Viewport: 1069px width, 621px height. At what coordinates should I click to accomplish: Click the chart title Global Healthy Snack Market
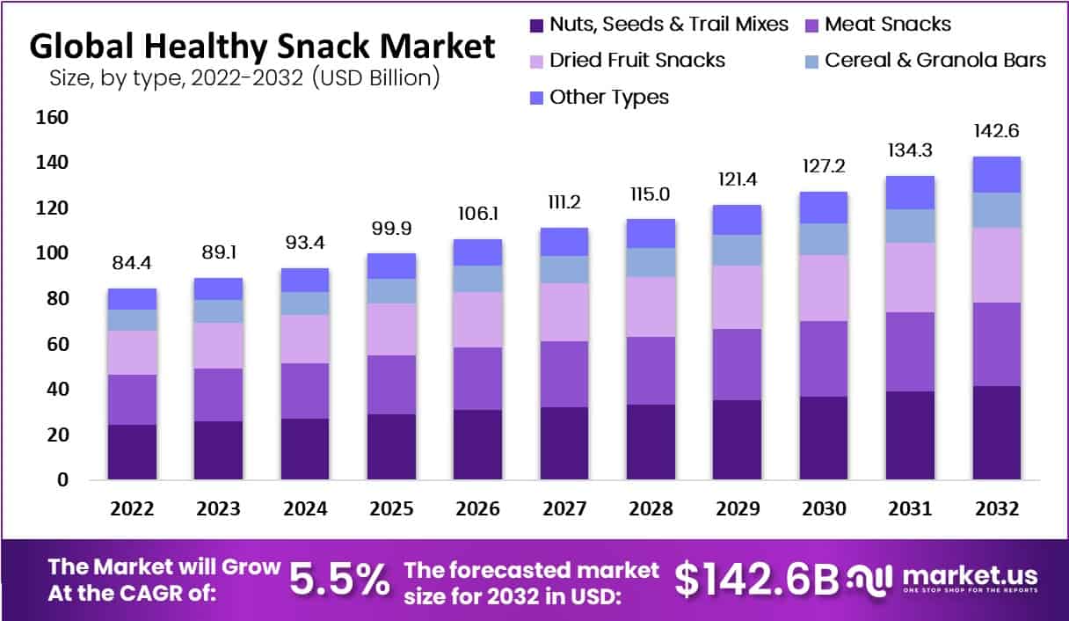pyautogui.click(x=262, y=47)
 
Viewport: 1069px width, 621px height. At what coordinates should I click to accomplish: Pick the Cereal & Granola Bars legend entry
pyautogui.click(x=924, y=61)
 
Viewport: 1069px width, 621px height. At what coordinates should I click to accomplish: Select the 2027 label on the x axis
pyautogui.click(x=564, y=508)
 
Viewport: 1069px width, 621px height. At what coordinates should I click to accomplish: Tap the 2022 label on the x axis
pyautogui.click(x=132, y=508)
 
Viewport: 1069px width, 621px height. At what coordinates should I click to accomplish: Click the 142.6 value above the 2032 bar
pyautogui.click(x=995, y=131)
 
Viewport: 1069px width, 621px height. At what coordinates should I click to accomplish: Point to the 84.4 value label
pyautogui.click(x=132, y=263)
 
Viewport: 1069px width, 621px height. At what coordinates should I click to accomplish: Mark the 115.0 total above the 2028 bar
pyautogui.click(x=651, y=194)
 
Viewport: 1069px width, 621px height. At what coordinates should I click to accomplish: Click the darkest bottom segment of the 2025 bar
pyautogui.click(x=391, y=447)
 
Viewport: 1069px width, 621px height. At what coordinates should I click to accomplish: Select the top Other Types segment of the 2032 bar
pyautogui.click(x=995, y=174)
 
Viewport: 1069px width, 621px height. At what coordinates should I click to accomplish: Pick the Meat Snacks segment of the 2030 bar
pyautogui.click(x=824, y=359)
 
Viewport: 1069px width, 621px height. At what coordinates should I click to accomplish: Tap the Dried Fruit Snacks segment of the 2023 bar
pyautogui.click(x=218, y=346)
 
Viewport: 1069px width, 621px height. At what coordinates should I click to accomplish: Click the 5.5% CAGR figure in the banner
pyautogui.click(x=339, y=579)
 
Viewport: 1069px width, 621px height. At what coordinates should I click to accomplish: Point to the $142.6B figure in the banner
pyautogui.click(x=756, y=579)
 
